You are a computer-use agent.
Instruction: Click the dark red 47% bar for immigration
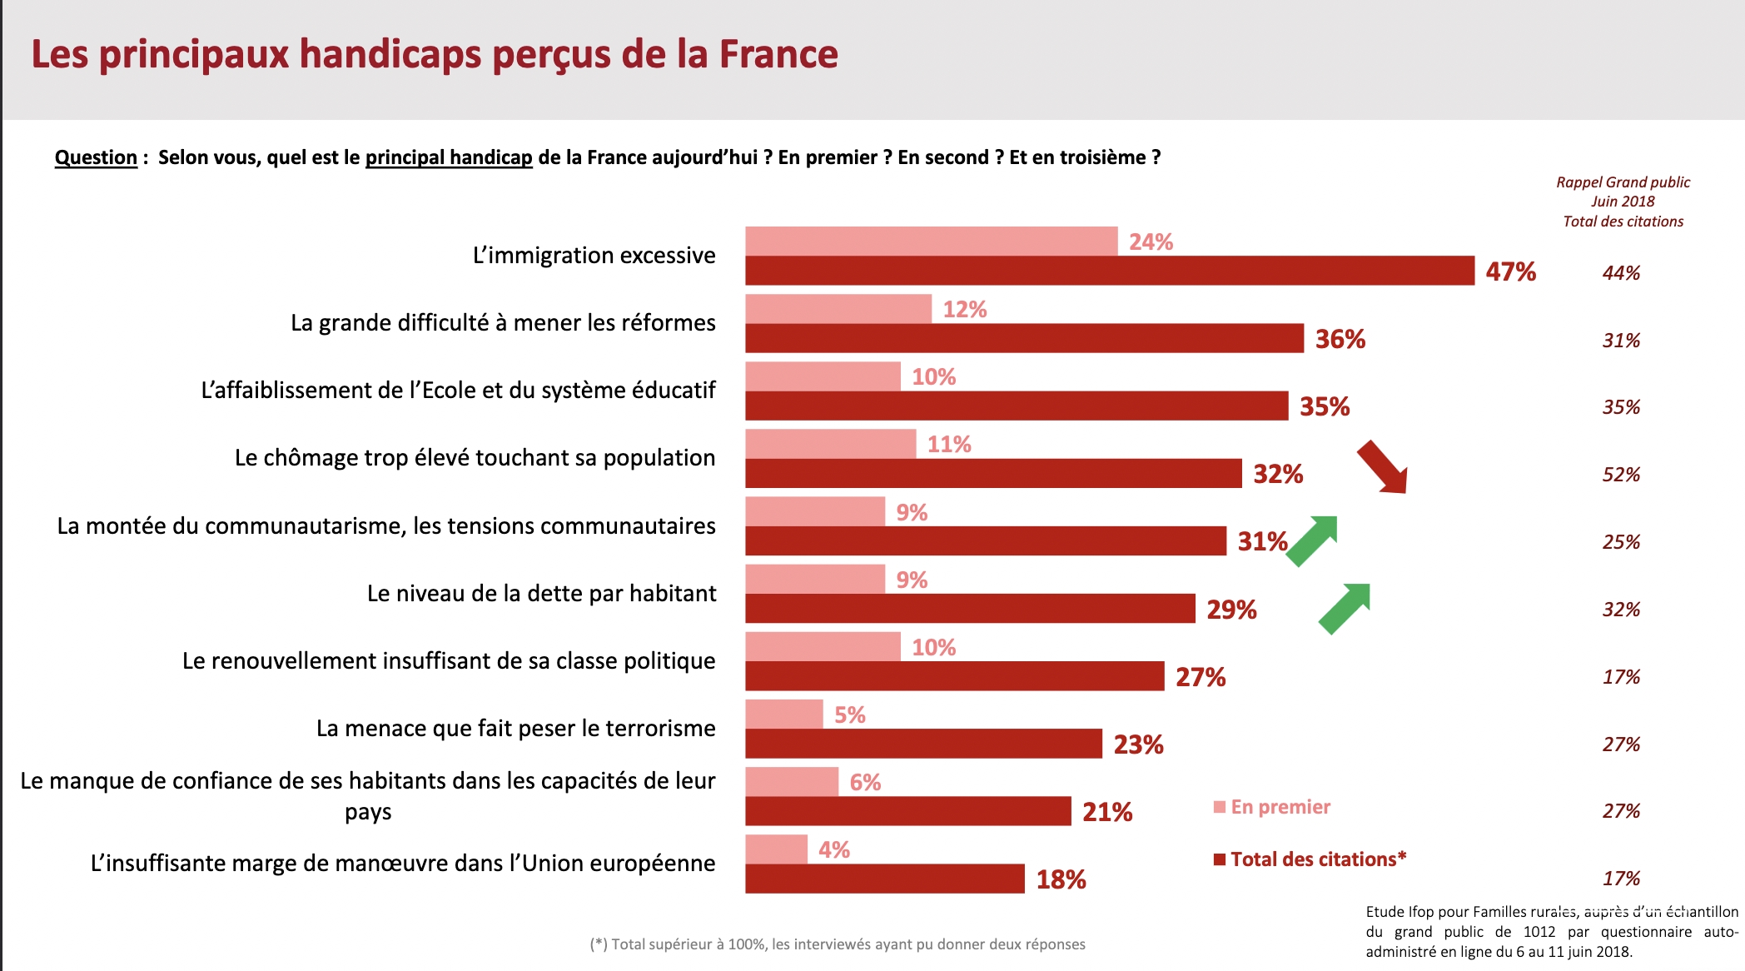(1110, 271)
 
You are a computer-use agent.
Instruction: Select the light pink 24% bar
(932, 241)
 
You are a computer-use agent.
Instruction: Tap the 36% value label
(1340, 339)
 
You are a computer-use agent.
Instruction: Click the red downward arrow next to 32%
(1382, 467)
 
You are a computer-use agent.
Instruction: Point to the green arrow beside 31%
(1313, 541)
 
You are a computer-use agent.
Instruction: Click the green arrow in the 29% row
(1345, 609)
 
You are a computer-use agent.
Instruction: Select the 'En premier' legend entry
(1272, 807)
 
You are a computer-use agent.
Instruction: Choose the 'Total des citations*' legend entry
(1310, 859)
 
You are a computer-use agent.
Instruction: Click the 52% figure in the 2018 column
(1621, 475)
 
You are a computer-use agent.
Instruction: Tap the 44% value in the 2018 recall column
(1621, 273)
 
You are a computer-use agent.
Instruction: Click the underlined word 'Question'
(96, 157)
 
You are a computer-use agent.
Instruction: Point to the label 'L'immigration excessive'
(594, 255)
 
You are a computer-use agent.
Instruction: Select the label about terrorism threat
(515, 728)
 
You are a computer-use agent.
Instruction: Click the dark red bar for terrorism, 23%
(923, 744)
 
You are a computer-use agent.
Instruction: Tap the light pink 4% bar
(776, 849)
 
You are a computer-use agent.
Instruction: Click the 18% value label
(1061, 879)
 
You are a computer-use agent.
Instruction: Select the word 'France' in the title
(778, 54)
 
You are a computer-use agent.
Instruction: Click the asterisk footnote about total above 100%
(838, 944)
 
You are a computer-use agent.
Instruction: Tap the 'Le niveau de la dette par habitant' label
(541, 593)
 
